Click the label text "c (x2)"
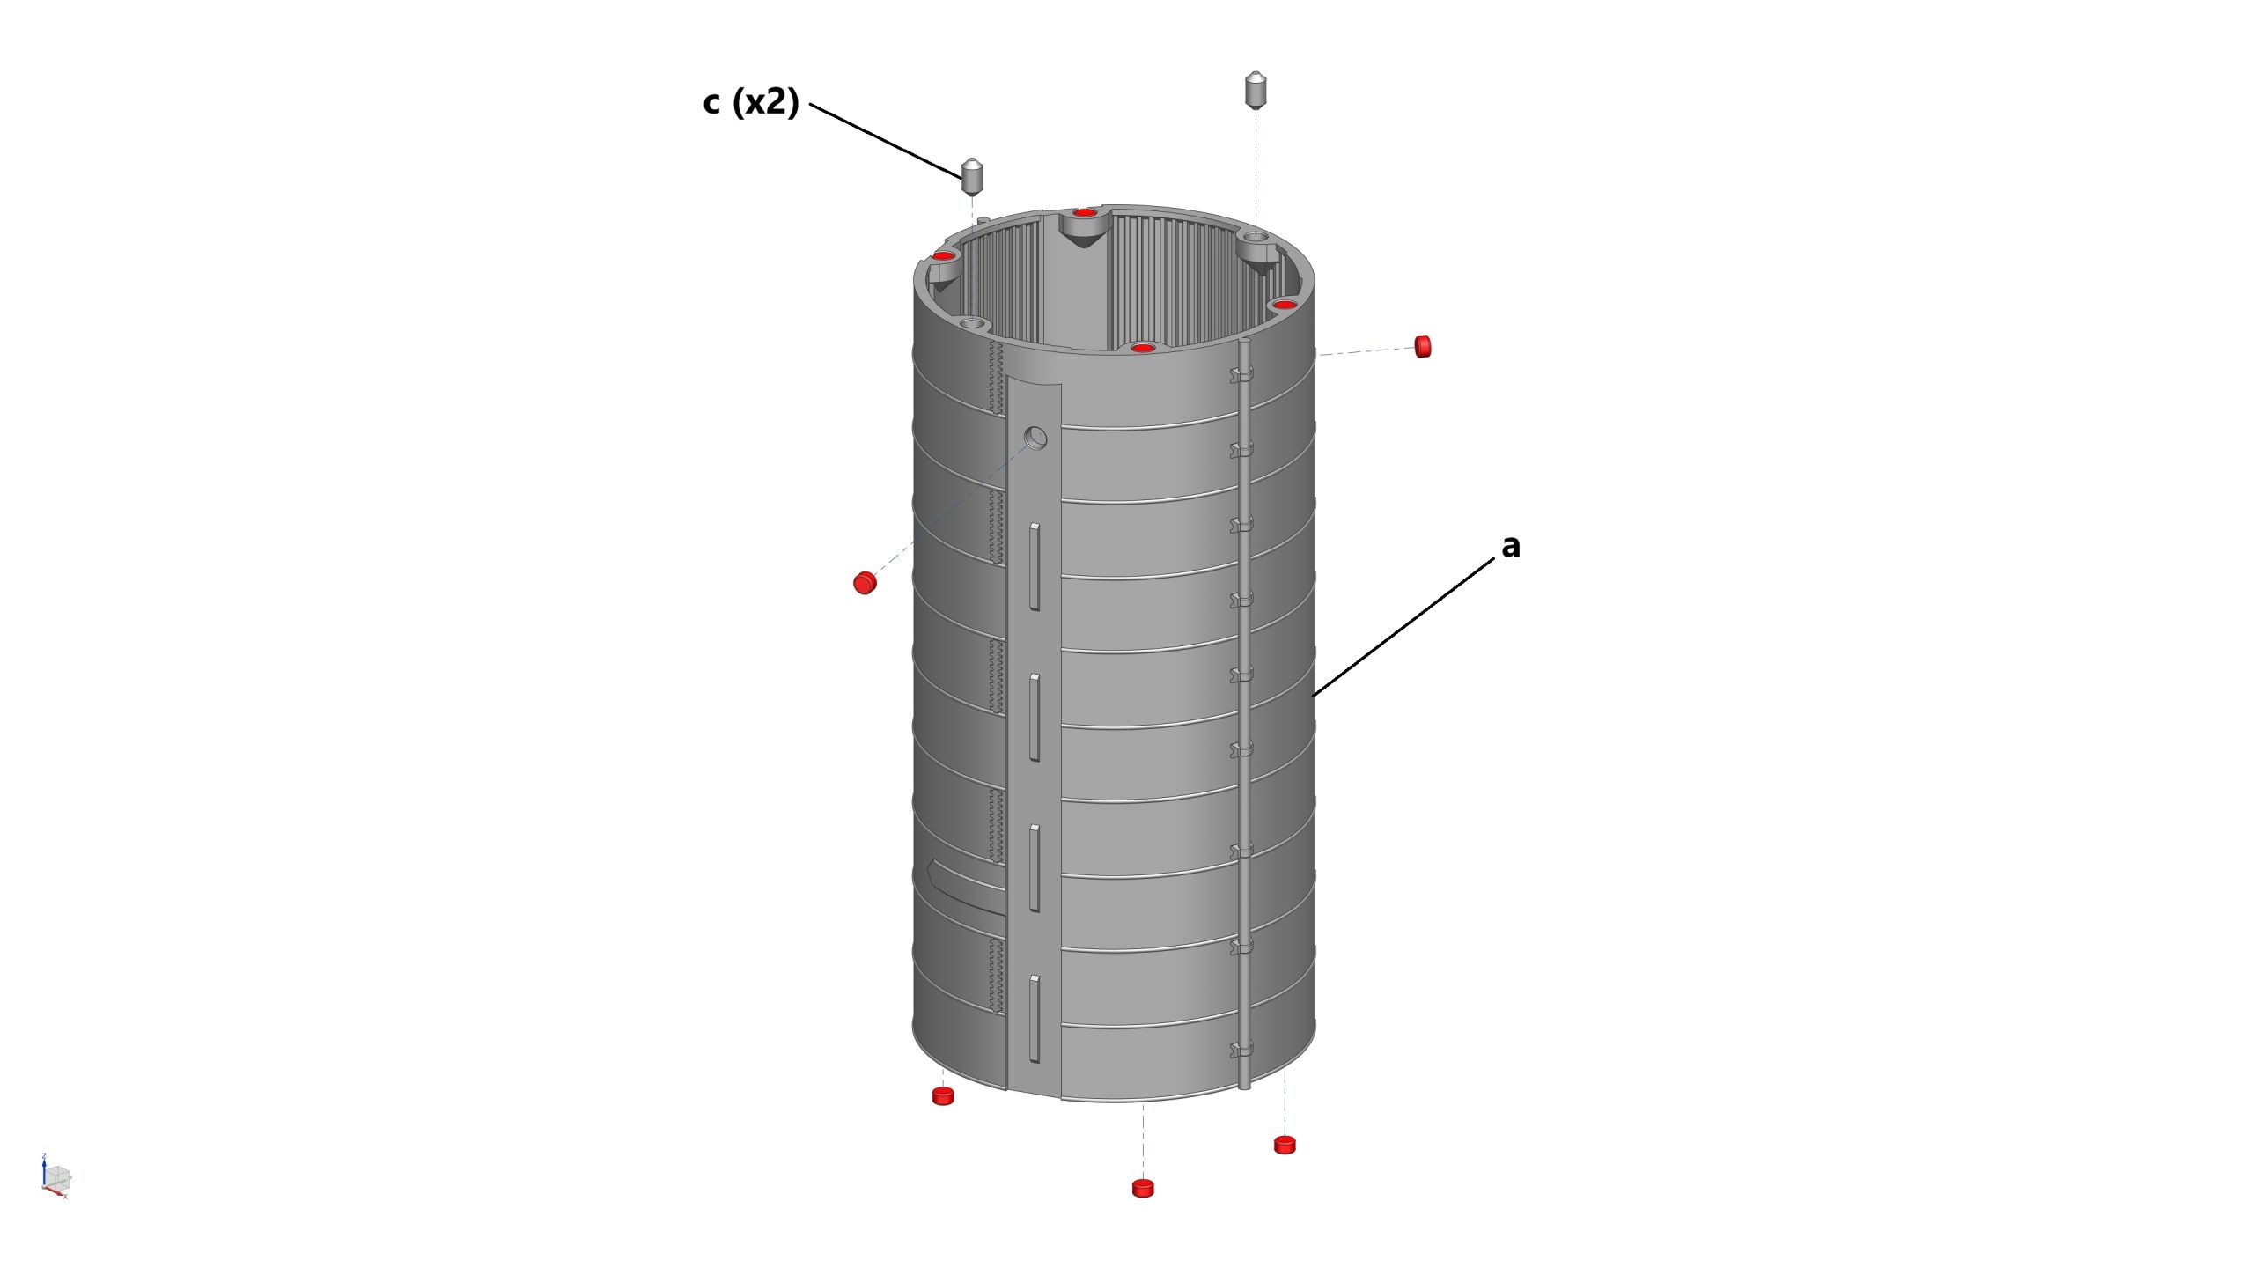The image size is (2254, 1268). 751,102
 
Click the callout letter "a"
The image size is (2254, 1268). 1511,547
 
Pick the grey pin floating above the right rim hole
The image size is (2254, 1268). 1256,90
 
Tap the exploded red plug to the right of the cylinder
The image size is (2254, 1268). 1423,346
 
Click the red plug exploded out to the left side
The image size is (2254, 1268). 865,583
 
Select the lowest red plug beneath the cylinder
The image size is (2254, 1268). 1143,1188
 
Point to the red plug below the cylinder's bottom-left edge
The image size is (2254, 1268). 943,1095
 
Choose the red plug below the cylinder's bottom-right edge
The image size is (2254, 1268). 1285,1145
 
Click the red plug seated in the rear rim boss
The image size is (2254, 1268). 1086,213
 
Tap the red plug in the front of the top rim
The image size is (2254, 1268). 1143,348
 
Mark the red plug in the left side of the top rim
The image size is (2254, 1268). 944,256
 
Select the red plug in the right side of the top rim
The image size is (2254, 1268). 1285,305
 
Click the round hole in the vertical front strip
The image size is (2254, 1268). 1036,438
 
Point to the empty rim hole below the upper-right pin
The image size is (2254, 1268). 1256,238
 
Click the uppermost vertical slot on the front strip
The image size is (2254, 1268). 1035,566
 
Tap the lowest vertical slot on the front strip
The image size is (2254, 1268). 1035,1019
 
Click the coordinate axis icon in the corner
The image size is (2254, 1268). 55,1176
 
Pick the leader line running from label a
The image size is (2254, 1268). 1403,627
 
